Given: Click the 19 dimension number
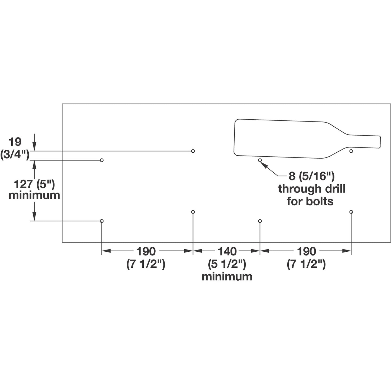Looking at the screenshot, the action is point(15,142).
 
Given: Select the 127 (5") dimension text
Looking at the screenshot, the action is point(34,185).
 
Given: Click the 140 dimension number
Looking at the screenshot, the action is point(227,251).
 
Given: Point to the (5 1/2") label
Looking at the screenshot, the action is point(227,264).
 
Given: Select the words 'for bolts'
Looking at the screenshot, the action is point(310,201).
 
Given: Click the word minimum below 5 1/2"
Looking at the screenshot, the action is point(227,277).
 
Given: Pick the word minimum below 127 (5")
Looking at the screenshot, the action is point(34,195).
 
